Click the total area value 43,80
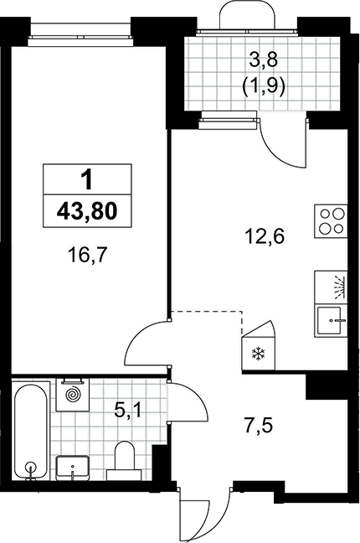[x=87, y=211]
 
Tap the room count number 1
[x=87, y=180]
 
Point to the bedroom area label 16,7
[x=88, y=256]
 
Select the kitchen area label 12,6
[x=265, y=237]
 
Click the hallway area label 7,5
[x=259, y=425]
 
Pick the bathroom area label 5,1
[x=128, y=411]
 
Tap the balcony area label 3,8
[x=264, y=61]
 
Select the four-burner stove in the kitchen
[x=331, y=221]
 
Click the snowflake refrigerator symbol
[x=258, y=354]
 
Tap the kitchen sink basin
[x=332, y=321]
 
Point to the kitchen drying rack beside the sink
[x=332, y=287]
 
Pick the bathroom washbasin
[x=73, y=468]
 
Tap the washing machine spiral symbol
[x=73, y=395]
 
